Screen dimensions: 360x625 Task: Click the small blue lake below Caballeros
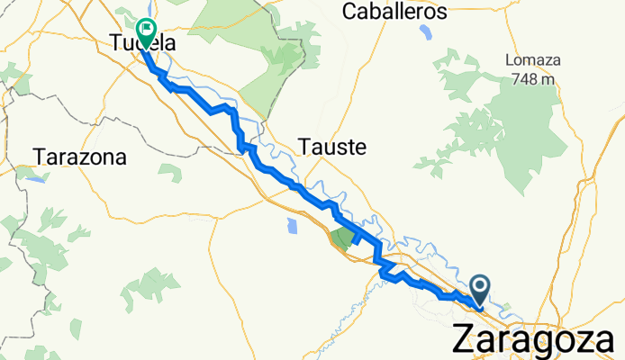tap(425, 35)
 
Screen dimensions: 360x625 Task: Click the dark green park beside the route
tap(342, 238)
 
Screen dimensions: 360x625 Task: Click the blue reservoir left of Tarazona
tap(33, 177)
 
